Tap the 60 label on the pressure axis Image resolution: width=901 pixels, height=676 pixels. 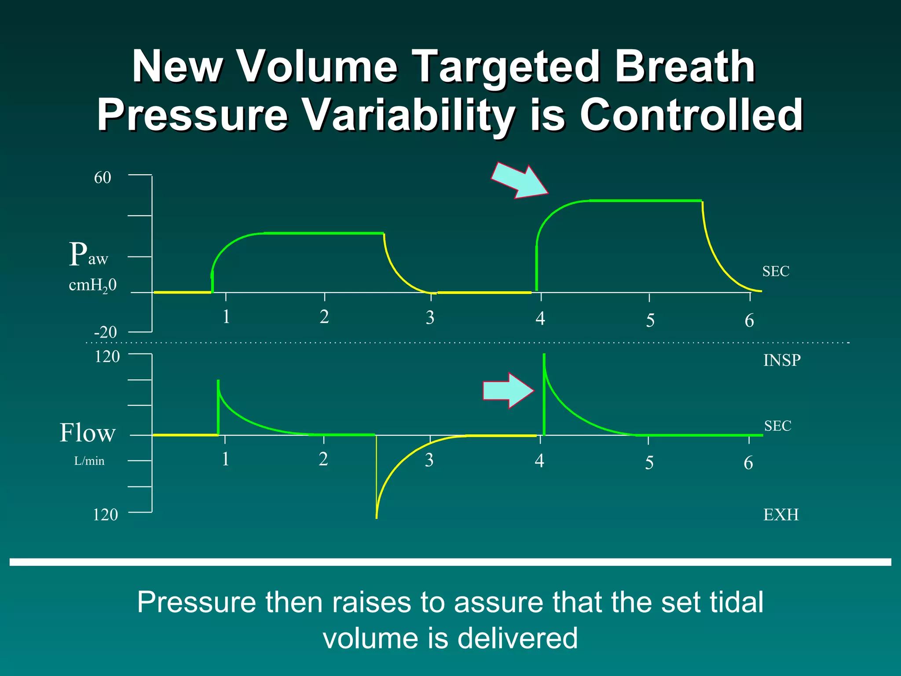(103, 177)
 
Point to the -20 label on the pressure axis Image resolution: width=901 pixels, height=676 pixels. (105, 332)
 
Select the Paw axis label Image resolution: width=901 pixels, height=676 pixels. (88, 254)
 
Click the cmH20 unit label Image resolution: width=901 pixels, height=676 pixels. (92, 285)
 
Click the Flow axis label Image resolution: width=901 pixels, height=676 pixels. (88, 433)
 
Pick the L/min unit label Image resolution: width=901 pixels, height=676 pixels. (89, 461)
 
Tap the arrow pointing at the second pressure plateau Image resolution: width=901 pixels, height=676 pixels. (519, 180)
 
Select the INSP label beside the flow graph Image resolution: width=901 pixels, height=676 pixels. (782, 360)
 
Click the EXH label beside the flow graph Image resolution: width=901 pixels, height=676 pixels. (781, 514)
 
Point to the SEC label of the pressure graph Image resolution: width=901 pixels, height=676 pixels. (776, 271)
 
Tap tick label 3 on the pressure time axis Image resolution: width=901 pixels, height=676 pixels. (430, 318)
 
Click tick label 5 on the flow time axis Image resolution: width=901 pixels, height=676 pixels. (649, 463)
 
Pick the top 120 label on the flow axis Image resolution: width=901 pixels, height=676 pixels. (107, 356)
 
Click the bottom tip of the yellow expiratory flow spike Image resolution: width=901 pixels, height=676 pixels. (377, 518)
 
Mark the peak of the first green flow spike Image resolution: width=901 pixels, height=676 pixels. (218, 381)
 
